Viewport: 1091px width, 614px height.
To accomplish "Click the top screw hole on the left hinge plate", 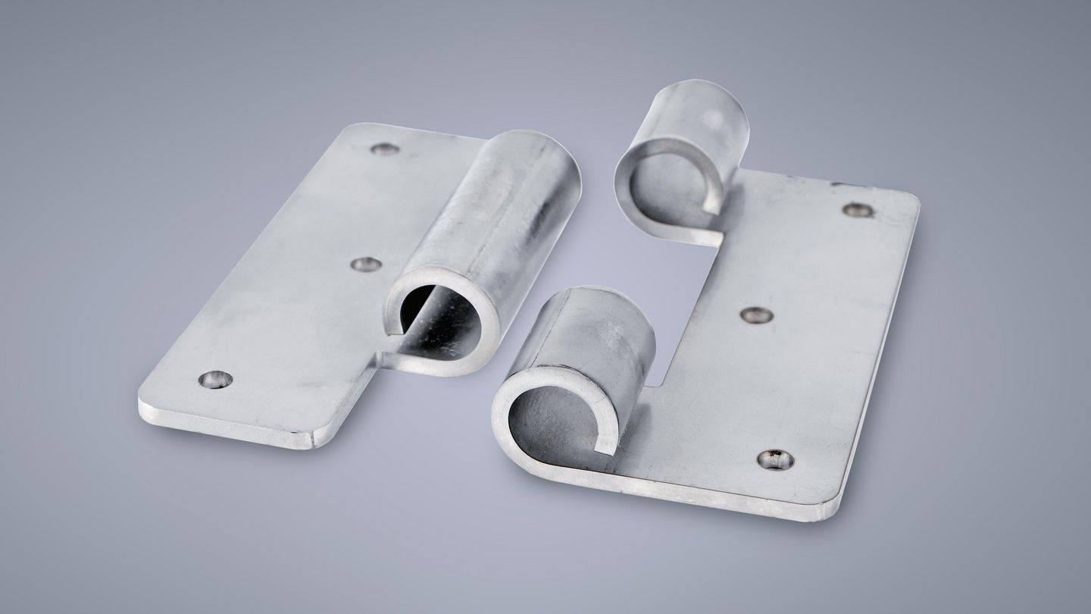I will tap(385, 149).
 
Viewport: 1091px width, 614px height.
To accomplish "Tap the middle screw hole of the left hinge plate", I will tap(366, 265).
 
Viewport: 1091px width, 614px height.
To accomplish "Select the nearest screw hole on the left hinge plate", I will tap(215, 379).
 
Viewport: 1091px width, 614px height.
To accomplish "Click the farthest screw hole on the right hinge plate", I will tap(857, 210).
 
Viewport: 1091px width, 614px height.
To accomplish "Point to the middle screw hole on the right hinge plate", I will tap(756, 315).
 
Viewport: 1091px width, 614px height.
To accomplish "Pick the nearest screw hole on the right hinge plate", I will tap(776, 459).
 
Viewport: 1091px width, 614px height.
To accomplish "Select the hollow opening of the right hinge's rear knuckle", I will tap(667, 182).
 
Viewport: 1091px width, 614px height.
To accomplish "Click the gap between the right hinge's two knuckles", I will tap(682, 303).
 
